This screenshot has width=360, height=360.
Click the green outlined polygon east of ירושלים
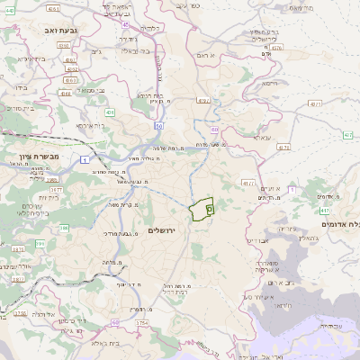click(x=202, y=209)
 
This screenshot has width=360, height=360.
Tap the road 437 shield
click(x=325, y=211)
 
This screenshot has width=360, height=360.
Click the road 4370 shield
click(x=276, y=47)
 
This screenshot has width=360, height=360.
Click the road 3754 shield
click(x=141, y=321)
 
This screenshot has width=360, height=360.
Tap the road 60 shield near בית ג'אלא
click(x=115, y=322)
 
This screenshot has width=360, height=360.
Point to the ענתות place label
click(x=263, y=138)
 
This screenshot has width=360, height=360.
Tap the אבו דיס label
click(x=257, y=240)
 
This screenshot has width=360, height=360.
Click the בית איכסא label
click(x=90, y=126)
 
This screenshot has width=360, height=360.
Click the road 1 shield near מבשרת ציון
click(x=84, y=159)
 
